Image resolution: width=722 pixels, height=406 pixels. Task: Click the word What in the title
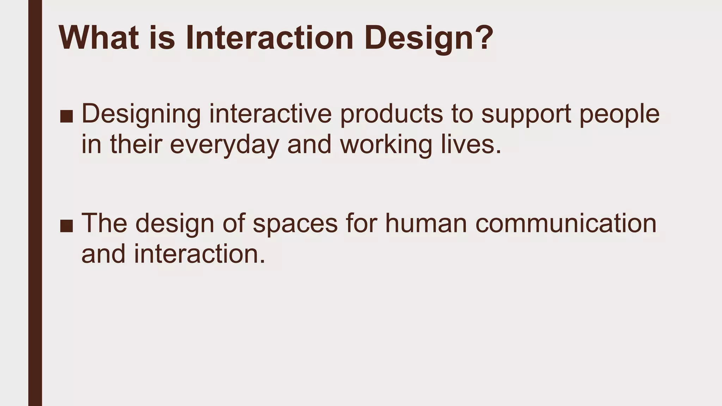pyautogui.click(x=99, y=37)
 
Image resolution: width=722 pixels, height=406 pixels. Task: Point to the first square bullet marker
pyautogui.click(x=66, y=116)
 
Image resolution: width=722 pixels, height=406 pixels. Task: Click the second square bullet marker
pyautogui.click(x=66, y=226)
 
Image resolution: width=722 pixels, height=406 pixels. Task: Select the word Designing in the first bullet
pyautogui.click(x=141, y=115)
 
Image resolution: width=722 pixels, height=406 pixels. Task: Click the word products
pyautogui.click(x=391, y=115)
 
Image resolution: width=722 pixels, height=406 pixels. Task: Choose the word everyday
pyautogui.click(x=225, y=146)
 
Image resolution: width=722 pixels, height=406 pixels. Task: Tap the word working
pyautogui.click(x=386, y=146)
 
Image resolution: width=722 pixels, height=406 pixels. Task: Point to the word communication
pyautogui.click(x=566, y=223)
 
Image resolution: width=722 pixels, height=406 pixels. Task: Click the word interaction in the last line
pyautogui.click(x=199, y=254)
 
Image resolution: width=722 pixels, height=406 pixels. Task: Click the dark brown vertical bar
pyautogui.click(x=35, y=203)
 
